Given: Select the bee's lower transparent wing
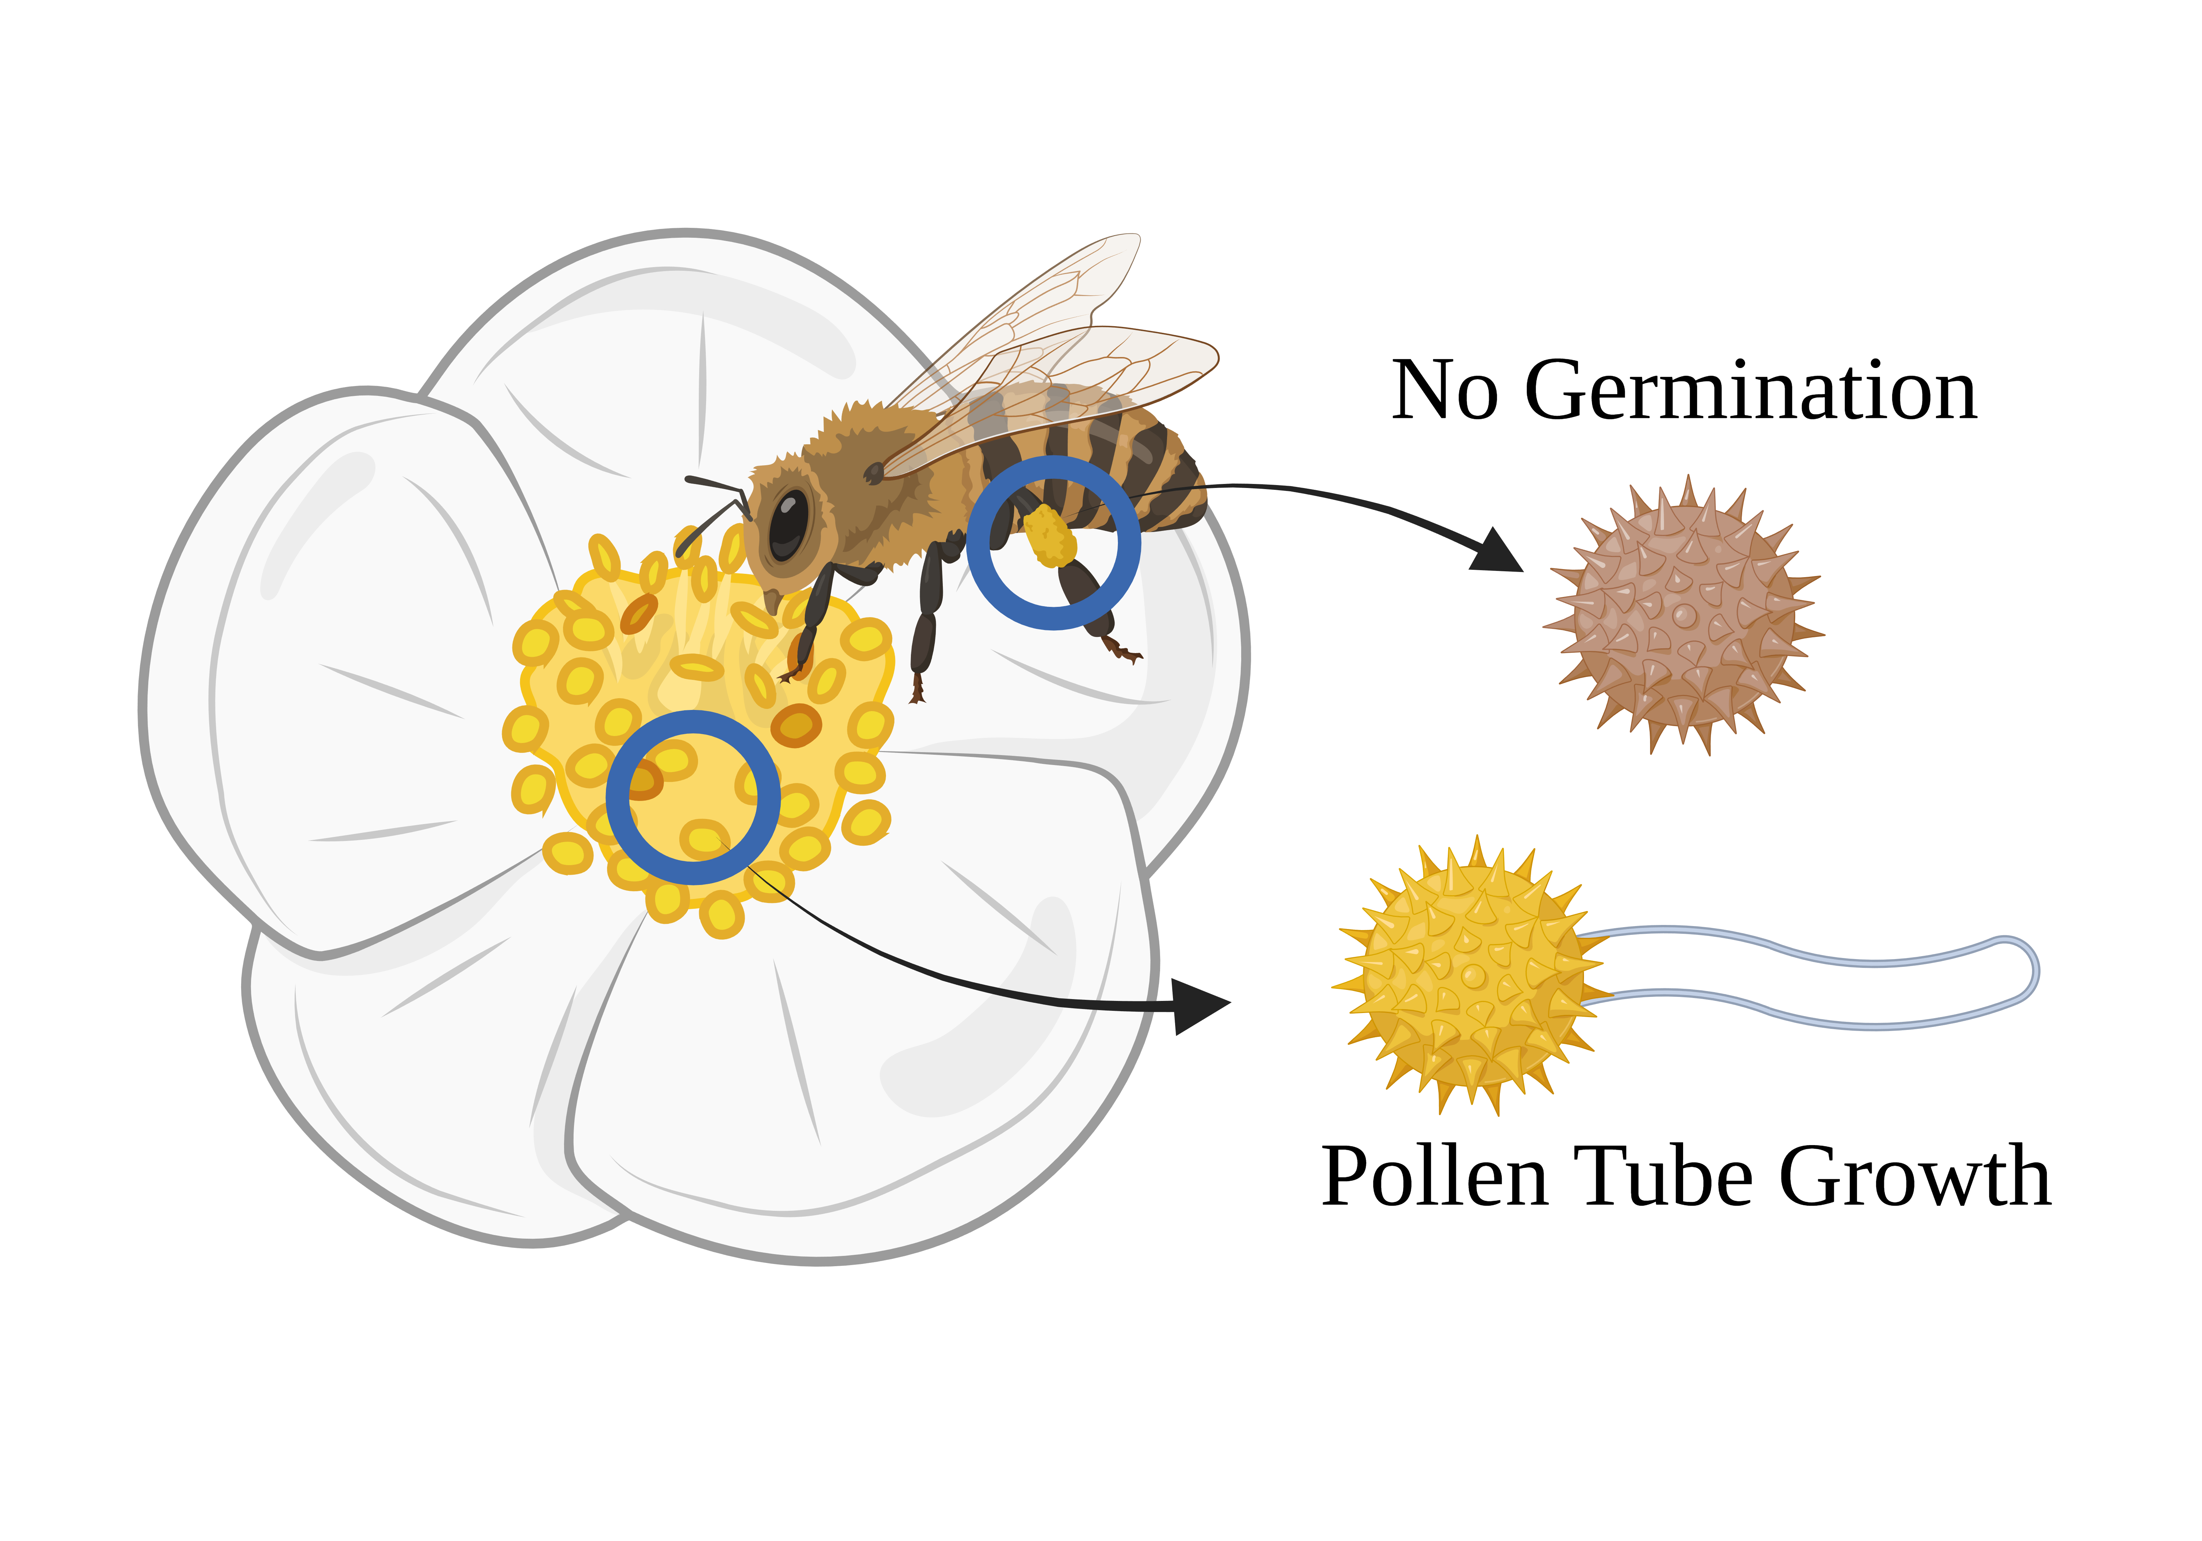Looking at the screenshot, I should pos(1103,374).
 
